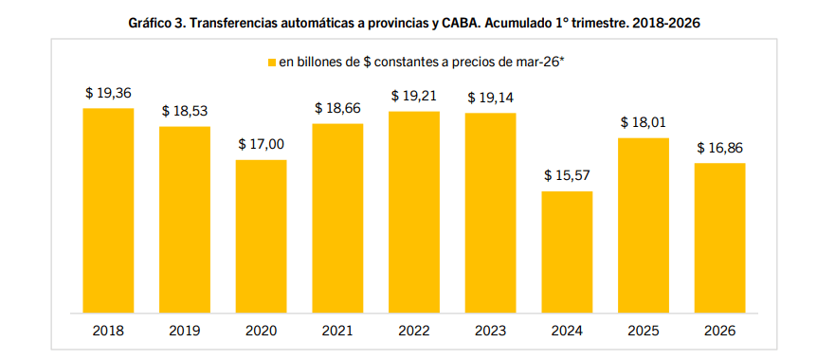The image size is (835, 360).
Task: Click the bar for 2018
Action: [x=108, y=210]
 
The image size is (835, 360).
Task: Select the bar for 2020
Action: [x=261, y=236]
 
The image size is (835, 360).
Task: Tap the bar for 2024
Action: [x=567, y=252]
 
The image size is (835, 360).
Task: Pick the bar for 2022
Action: [x=414, y=212]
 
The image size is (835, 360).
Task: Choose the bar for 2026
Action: [x=719, y=238]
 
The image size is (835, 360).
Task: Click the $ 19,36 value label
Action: [x=108, y=93]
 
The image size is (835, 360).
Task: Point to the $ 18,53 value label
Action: [x=184, y=111]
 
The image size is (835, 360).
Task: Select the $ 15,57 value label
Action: [x=567, y=176]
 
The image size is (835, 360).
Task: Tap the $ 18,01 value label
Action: [x=644, y=122]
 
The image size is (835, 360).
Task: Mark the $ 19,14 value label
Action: [x=490, y=98]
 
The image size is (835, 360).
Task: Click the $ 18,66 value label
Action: [x=337, y=108]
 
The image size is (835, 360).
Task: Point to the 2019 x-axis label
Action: [x=184, y=331]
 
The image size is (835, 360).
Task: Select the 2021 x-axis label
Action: [x=337, y=331]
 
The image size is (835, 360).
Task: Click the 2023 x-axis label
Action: [x=490, y=331]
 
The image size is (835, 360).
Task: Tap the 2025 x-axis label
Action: [x=644, y=331]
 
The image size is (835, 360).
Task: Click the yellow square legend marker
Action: [x=271, y=63]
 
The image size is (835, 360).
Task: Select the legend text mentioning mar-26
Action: [x=422, y=62]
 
